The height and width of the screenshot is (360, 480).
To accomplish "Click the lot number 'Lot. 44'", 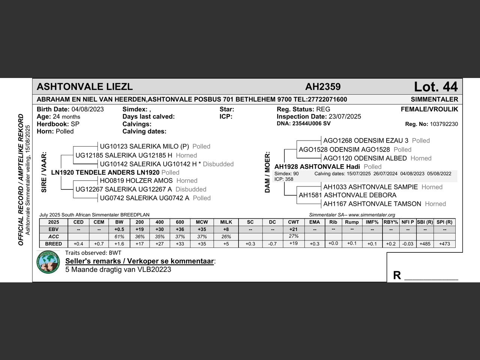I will [435, 87].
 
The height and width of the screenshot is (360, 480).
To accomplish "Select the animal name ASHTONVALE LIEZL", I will [85, 87].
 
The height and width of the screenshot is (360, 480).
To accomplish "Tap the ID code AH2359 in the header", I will [323, 87].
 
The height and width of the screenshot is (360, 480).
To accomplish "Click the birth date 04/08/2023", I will [87, 109].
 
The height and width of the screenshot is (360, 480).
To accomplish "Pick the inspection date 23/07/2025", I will [345, 117].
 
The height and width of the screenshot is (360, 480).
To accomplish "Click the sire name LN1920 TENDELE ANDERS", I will [105, 172].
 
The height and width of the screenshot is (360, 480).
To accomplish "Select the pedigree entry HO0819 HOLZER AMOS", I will [136, 181].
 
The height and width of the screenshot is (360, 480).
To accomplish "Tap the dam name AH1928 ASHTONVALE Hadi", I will [317, 167].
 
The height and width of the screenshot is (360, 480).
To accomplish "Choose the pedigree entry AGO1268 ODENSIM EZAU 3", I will [366, 141].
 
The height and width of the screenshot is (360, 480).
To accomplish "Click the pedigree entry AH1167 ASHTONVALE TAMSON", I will [372, 204].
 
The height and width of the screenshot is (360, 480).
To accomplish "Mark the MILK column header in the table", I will [226, 222].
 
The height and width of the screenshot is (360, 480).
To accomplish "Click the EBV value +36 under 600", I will [180, 229].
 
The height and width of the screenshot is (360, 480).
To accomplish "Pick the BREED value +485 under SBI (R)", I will [425, 244].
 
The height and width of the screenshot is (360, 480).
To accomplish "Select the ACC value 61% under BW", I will [119, 237].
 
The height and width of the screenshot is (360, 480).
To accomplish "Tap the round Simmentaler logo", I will [48, 262].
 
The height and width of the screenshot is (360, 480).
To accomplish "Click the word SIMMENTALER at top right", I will [434, 99].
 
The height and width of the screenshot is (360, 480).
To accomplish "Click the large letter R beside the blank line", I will [397, 276].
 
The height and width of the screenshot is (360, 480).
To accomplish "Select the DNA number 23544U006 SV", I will [311, 123].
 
